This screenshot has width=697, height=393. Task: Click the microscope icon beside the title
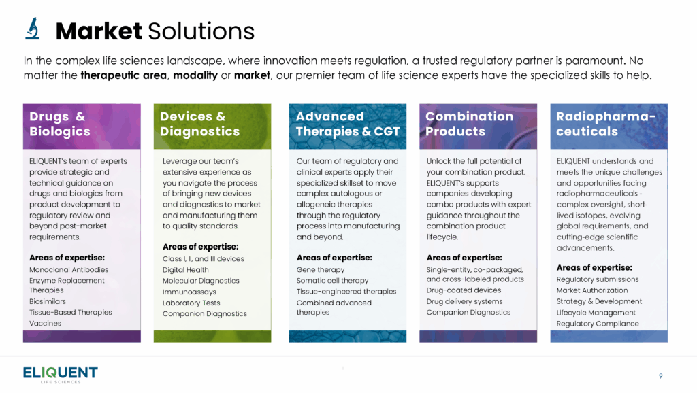[x=33, y=29]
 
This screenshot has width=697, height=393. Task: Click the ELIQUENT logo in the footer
[x=61, y=375]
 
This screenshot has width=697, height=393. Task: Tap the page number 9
[x=660, y=376]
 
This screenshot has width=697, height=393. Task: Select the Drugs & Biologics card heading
[x=60, y=124]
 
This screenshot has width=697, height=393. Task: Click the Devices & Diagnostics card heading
[x=199, y=124]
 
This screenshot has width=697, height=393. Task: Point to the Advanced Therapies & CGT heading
[x=348, y=124]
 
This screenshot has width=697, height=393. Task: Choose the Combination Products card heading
[x=470, y=124]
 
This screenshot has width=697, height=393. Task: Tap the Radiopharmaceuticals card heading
[x=606, y=124]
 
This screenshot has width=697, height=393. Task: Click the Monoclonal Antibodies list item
[x=69, y=269]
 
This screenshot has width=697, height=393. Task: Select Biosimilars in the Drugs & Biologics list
[x=48, y=301]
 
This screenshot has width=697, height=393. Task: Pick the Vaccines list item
[x=46, y=323]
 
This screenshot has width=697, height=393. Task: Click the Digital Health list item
[x=185, y=270]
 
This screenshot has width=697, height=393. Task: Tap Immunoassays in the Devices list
[x=189, y=292]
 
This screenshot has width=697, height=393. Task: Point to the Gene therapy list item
[x=321, y=270]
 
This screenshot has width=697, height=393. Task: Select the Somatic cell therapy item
[x=332, y=281]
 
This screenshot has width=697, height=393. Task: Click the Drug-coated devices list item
[x=464, y=290]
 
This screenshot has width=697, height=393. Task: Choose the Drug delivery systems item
[x=464, y=301]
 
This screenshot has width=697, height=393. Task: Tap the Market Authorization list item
[x=592, y=290]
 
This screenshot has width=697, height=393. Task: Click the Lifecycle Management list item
[x=596, y=313]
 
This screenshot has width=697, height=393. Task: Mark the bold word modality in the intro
[x=195, y=75]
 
